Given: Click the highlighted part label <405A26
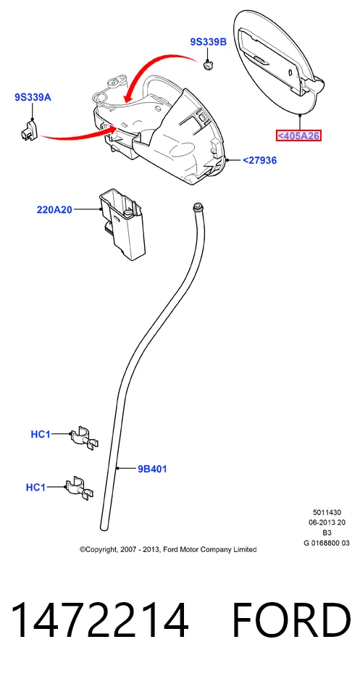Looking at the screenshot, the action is [298, 135].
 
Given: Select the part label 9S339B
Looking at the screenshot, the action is [208, 41].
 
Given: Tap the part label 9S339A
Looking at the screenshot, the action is [33, 97].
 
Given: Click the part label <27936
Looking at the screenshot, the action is [259, 160].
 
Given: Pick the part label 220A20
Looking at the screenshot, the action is [54, 210].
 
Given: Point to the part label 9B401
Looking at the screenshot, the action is [152, 469].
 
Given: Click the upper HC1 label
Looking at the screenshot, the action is [41, 434].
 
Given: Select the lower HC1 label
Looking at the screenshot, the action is [35, 487].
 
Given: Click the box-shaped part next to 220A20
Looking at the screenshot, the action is [123, 225].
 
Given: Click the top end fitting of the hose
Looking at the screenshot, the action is [198, 206].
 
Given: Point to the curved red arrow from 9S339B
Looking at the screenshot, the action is [154, 70].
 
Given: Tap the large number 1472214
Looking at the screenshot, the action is [99, 620].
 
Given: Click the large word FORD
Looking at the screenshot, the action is [291, 620].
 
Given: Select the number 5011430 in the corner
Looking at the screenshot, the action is [327, 512].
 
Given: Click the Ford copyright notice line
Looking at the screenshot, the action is [168, 549].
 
